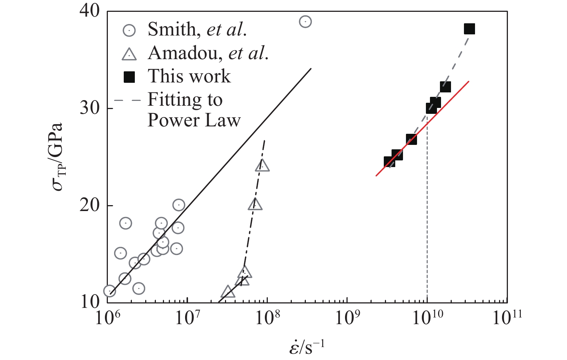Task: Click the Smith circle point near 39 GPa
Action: click(x=305, y=22)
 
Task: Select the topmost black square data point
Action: click(x=469, y=29)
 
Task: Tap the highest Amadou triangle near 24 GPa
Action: click(x=262, y=166)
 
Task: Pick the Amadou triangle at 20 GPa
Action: click(x=255, y=204)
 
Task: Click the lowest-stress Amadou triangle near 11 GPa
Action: click(x=228, y=292)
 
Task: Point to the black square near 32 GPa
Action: click(x=445, y=87)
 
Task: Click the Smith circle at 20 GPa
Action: click(x=178, y=205)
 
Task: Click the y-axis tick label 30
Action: click(x=90, y=108)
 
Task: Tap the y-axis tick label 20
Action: click(x=90, y=206)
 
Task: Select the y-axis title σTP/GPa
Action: click(x=57, y=156)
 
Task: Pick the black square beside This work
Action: click(x=129, y=77)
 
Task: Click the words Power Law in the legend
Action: click(x=194, y=120)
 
